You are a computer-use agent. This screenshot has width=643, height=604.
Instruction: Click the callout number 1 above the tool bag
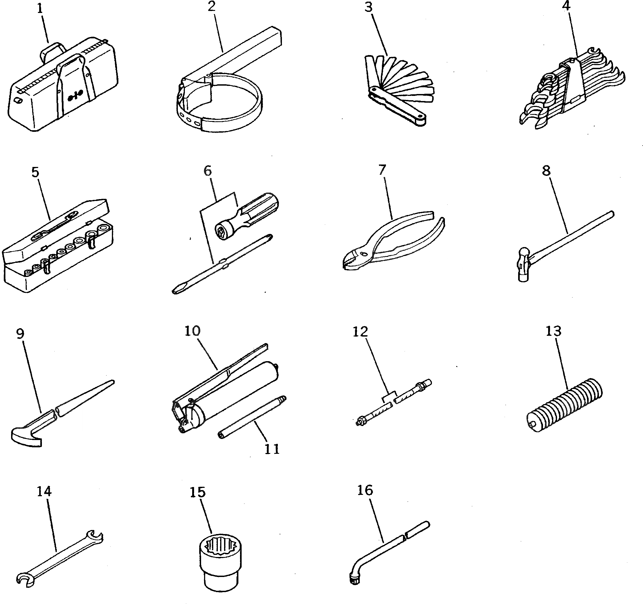tap(40, 9)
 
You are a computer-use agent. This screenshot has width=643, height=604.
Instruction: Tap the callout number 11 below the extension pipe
tap(272, 449)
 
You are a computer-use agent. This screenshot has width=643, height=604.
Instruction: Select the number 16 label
tap(365, 490)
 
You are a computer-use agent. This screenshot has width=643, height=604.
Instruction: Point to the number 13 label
tap(554, 331)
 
